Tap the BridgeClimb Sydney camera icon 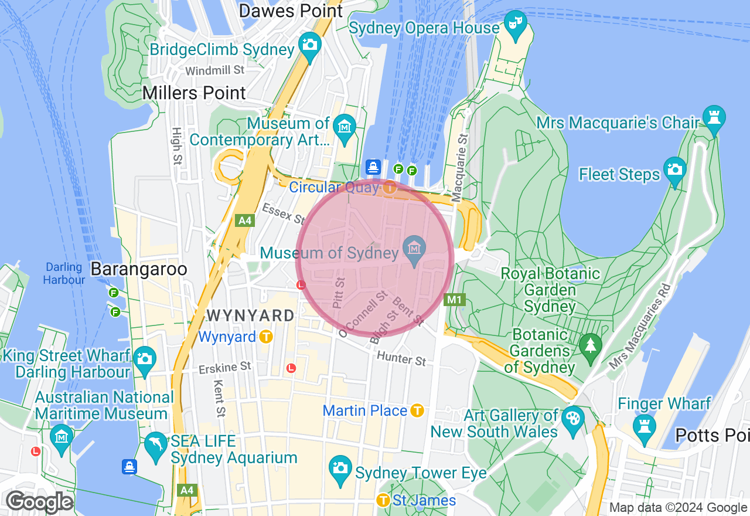click(309, 45)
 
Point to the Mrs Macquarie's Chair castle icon click(713, 118)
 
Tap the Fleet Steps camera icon click(674, 170)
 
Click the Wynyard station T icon click(267, 337)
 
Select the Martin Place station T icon click(417, 410)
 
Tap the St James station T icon click(383, 500)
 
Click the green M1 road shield click(455, 300)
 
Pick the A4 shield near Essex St click(244, 220)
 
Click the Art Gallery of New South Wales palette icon click(572, 419)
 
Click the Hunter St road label click(402, 357)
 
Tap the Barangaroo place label click(139, 269)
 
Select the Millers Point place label click(195, 93)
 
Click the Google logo click(40, 502)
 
